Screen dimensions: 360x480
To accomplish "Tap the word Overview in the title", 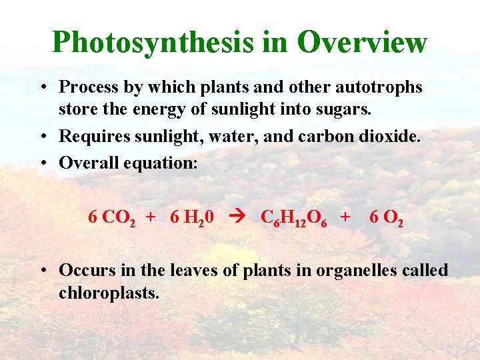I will pos(362,42).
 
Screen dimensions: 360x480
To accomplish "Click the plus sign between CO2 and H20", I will pos(151,217).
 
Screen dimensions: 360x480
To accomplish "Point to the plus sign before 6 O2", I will pos(345,217).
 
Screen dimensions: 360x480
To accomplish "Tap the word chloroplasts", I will pos(109,293).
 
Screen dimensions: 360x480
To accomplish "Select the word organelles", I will pos(343,271).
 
